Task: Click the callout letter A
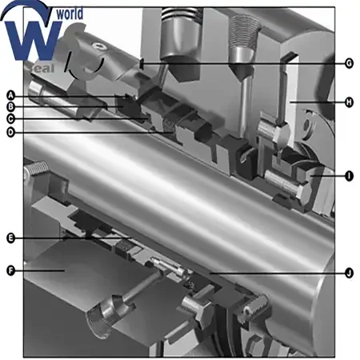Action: click(x=10, y=95)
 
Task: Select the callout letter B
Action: click(x=10, y=106)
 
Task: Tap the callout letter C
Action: click(x=10, y=118)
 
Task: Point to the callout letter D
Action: click(x=10, y=132)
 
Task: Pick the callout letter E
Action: click(x=10, y=238)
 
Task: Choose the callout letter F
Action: click(x=10, y=270)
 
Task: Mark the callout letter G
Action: click(x=349, y=63)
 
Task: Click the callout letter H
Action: click(x=349, y=102)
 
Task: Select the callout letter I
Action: click(x=349, y=176)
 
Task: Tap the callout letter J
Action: click(x=349, y=273)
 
